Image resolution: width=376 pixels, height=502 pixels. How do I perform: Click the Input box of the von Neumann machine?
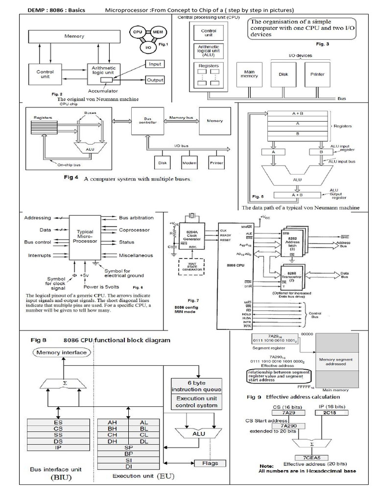pyautogui.click(x=155, y=64)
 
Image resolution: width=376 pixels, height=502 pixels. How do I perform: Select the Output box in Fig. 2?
pyautogui.click(x=155, y=80)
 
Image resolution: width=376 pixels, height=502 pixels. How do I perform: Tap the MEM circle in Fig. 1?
pyautogui.click(x=158, y=31)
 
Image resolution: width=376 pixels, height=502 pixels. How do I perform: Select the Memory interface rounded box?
pyautogui.click(x=61, y=352)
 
